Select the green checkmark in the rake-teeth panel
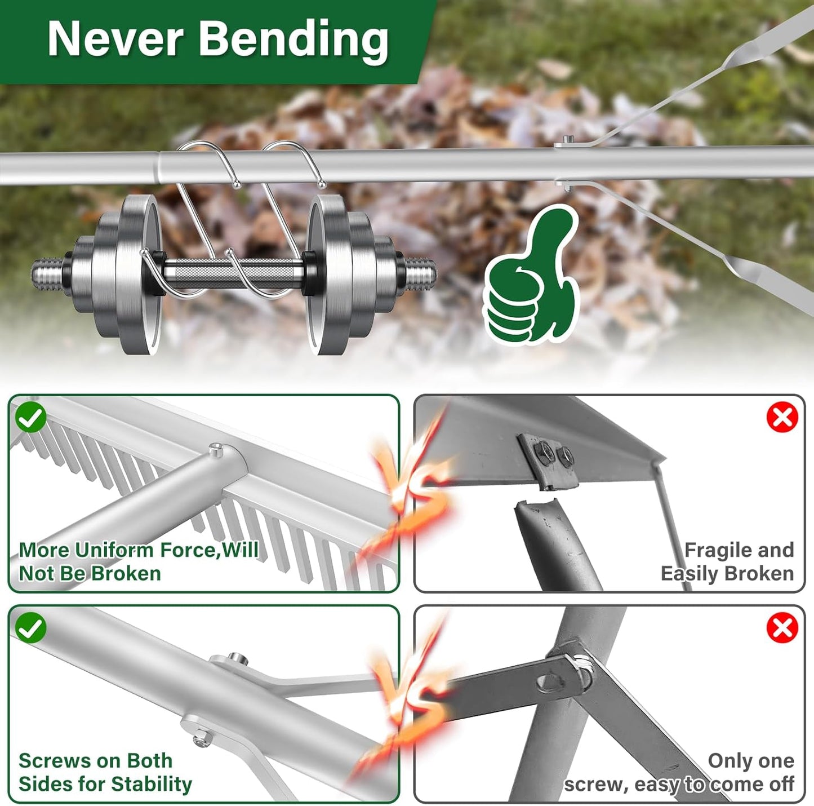31,417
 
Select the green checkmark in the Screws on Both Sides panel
31,628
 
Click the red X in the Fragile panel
782,418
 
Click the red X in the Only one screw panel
782,628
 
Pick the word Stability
152,784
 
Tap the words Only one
750,761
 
